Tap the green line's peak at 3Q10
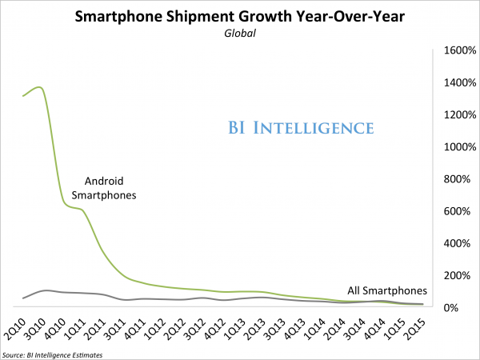tap(41, 87)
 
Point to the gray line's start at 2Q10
tap(23, 298)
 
